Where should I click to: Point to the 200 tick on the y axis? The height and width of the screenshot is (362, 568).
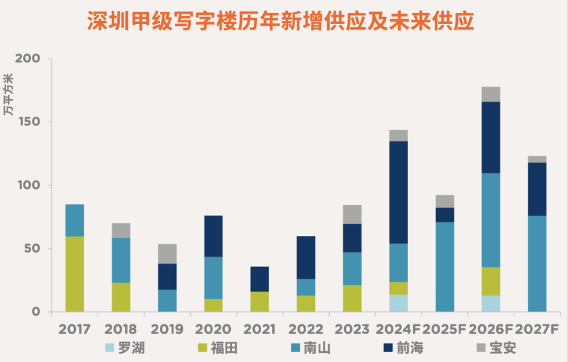(27, 59)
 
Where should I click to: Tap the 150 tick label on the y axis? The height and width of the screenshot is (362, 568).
(27, 122)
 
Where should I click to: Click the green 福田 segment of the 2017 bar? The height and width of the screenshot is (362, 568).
(75, 274)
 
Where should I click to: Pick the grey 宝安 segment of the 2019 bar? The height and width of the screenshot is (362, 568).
(167, 254)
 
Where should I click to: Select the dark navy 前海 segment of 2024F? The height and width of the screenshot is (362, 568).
(399, 192)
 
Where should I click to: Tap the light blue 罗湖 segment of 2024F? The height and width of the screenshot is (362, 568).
(399, 303)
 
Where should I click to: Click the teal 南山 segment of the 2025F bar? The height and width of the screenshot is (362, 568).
(445, 266)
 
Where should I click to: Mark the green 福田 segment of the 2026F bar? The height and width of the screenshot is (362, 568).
(491, 281)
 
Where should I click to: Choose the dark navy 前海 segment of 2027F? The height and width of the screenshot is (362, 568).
(537, 189)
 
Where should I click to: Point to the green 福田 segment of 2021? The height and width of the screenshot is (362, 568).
(260, 301)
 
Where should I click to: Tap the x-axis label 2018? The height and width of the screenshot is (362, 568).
(121, 329)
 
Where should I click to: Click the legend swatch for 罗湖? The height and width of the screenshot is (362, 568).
(110, 348)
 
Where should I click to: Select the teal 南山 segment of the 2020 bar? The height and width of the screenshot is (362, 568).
(214, 277)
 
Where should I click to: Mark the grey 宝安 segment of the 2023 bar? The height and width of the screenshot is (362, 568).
(353, 214)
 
